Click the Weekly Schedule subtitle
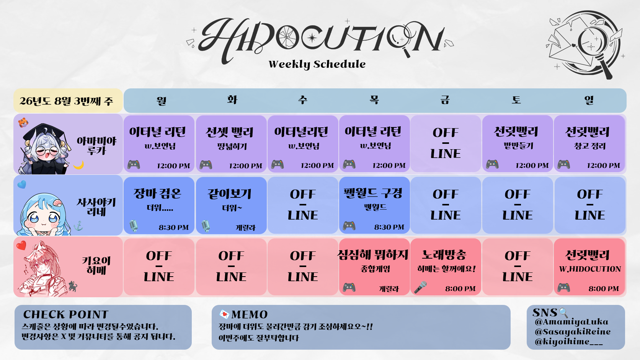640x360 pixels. click(317, 64)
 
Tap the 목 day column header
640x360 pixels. click(374, 100)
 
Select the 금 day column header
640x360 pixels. click(445, 100)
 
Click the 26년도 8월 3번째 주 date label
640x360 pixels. click(66, 101)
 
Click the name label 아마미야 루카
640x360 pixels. click(96, 145)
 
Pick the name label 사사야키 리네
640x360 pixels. click(96, 207)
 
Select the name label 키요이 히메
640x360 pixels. click(96, 266)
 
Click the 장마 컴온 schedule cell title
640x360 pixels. click(157, 194)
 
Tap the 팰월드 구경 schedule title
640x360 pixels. click(373, 193)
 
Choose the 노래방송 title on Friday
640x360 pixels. click(444, 255)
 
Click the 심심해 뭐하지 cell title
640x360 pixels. click(373, 255)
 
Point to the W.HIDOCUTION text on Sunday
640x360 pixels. click(590, 269)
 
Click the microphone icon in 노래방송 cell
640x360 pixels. click(420, 287)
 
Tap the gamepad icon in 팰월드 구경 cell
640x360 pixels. click(349, 226)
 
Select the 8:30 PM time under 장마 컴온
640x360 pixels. click(174, 228)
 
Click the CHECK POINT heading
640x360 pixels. click(66, 314)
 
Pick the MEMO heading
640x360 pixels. click(250, 314)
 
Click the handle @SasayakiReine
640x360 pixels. click(573, 332)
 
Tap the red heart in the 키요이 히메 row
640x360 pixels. click(21, 246)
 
